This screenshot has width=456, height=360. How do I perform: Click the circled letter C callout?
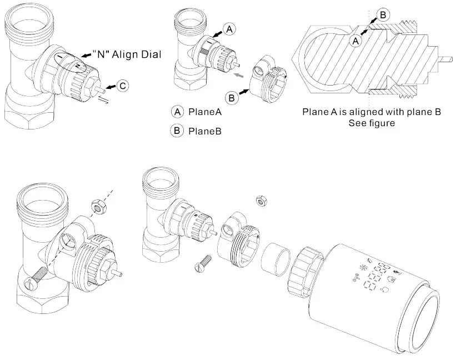tap(123, 86)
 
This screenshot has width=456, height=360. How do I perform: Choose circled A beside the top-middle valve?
tap(230, 28)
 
